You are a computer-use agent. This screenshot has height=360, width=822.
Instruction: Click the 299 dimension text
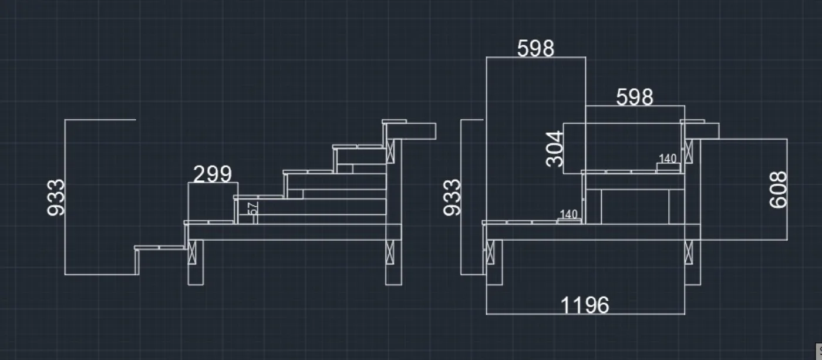point(213,174)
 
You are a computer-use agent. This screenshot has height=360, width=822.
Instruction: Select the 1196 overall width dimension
point(585,305)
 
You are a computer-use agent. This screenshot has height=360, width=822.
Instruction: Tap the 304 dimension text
point(555,149)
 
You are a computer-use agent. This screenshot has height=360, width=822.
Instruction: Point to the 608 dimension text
point(779,190)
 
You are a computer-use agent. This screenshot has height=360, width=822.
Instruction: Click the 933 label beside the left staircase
point(56,197)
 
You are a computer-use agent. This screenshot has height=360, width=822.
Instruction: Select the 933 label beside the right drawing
point(452,197)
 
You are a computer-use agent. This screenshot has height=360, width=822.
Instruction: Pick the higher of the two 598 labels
point(535,49)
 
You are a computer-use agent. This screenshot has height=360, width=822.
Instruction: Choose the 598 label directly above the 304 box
point(635,97)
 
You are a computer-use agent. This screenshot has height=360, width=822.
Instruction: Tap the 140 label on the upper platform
point(668,159)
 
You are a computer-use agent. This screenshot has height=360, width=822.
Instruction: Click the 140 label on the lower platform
point(569,214)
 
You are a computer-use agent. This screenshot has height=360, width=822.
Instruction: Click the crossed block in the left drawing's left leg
point(192,253)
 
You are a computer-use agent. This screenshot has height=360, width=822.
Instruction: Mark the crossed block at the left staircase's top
point(390,152)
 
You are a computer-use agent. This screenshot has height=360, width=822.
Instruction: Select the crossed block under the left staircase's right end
point(390,253)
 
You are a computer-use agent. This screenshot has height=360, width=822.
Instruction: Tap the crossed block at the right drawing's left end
point(490,253)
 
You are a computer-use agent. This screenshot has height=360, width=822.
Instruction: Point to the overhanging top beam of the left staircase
point(417,130)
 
